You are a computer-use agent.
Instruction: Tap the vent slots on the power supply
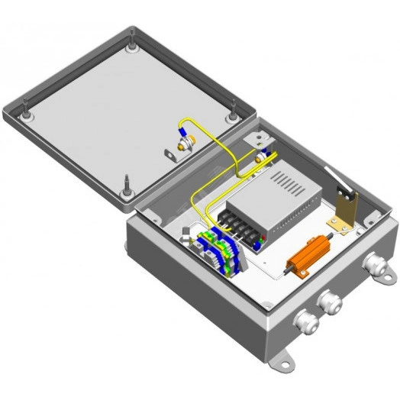pyautogui.click(x=291, y=183)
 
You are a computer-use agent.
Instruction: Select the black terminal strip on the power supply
pyautogui.click(x=237, y=223)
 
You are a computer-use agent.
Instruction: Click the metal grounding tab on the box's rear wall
pyautogui.click(x=259, y=139)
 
